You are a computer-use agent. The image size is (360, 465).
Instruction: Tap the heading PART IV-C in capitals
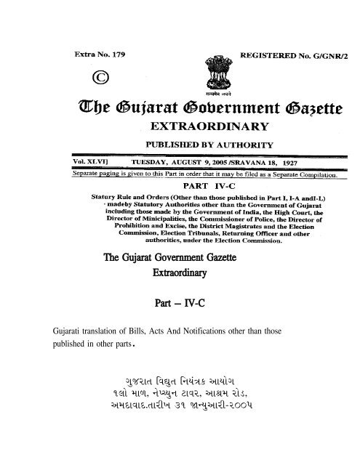(x=181, y=185)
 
